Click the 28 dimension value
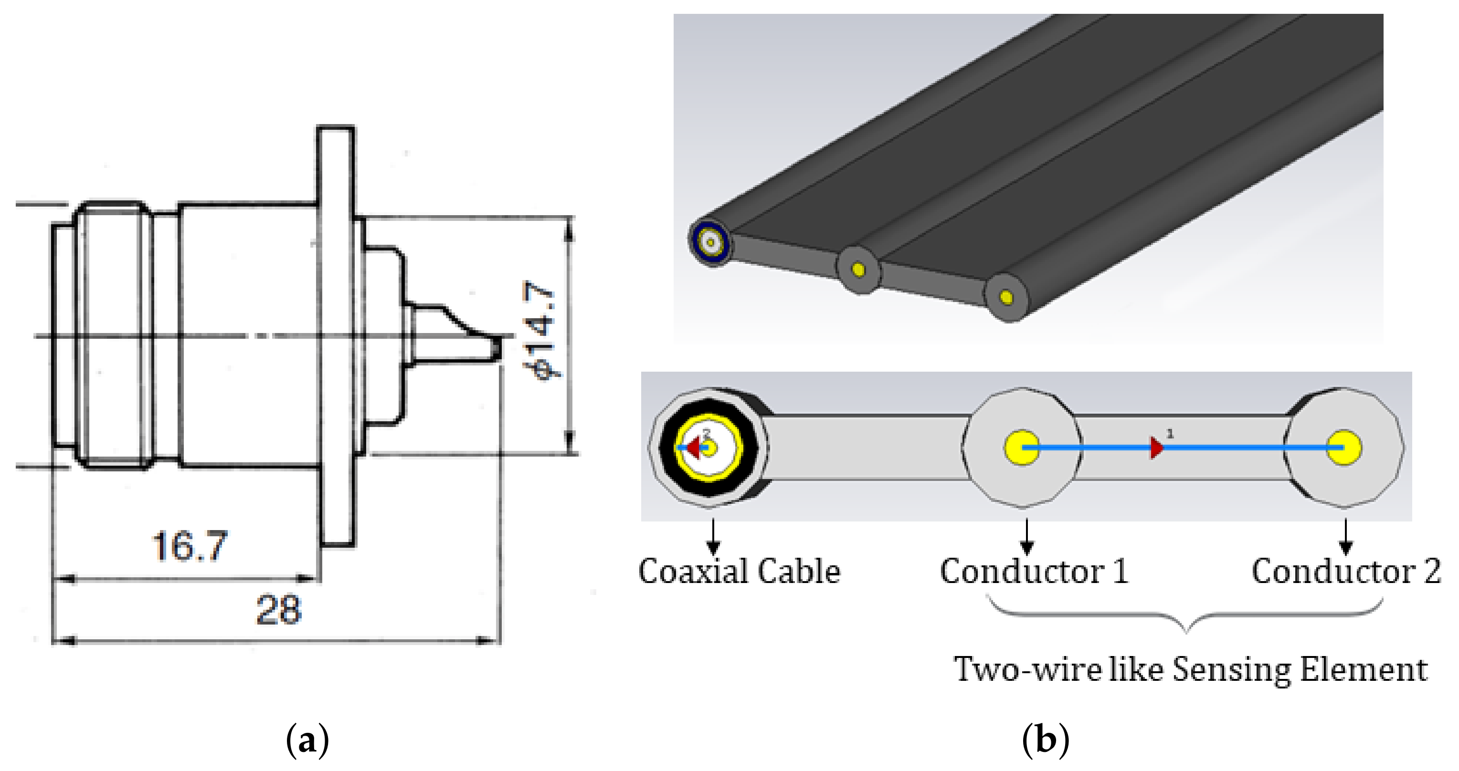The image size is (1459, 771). pyautogui.click(x=279, y=610)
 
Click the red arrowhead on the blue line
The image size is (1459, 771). pyautogui.click(x=1156, y=447)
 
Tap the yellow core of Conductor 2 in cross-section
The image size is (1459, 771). pyautogui.click(x=1343, y=447)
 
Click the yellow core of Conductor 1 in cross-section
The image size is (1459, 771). pyautogui.click(x=1022, y=447)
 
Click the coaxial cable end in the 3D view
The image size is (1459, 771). pyautogui.click(x=709, y=242)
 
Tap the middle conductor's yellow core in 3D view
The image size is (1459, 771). pyautogui.click(x=858, y=270)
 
